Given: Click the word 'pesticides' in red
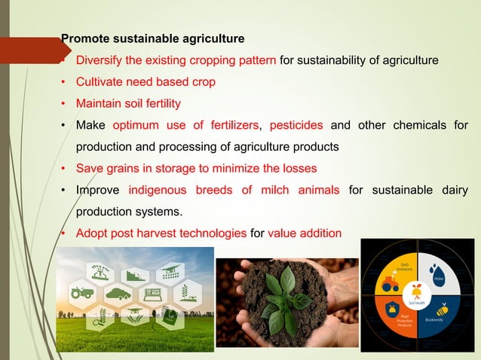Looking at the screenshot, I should click(296, 125).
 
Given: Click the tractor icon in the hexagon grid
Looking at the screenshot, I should click(81, 291).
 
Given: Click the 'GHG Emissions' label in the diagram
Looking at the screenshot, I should click(404, 267).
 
